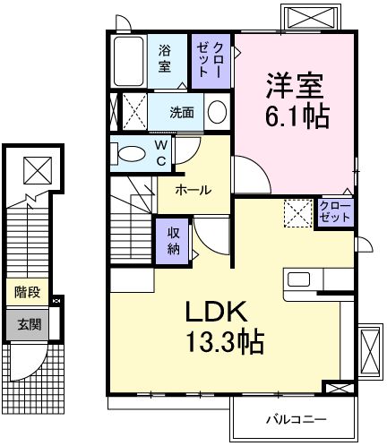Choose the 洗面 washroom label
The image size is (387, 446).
tap(183, 113)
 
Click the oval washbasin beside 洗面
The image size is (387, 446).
tap(216, 112)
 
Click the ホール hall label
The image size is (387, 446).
tap(193, 190)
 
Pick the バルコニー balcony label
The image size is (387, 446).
tap(295, 419)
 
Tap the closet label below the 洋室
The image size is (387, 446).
tap(336, 212)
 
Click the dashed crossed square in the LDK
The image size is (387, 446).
tap(297, 213)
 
